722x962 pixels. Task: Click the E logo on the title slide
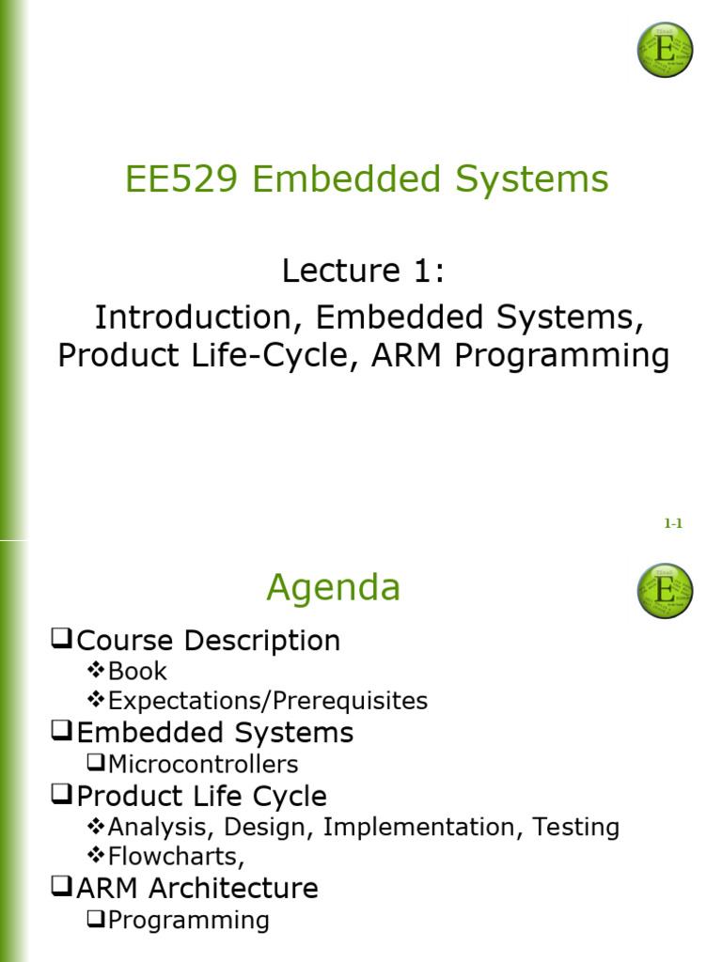(x=665, y=50)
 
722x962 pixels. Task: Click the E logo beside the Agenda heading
(x=665, y=591)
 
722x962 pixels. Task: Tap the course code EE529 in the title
(x=181, y=179)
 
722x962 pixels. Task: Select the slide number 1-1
(x=673, y=523)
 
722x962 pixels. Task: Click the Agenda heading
(x=334, y=588)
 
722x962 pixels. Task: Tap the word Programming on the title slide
(x=562, y=356)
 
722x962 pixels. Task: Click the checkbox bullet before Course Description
(x=61, y=638)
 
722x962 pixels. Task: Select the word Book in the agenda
(x=137, y=671)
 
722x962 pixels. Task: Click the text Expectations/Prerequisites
(x=268, y=701)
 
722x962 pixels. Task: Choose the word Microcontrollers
(x=203, y=765)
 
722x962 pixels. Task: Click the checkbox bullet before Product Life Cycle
(x=61, y=794)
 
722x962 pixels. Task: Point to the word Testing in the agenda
(x=576, y=827)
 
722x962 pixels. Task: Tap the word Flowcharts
(x=174, y=857)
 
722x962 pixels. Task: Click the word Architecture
(x=234, y=889)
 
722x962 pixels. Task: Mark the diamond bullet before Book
(x=95, y=669)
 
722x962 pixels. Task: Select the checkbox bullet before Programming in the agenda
(x=96, y=919)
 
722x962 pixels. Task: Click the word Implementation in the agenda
(x=418, y=827)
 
